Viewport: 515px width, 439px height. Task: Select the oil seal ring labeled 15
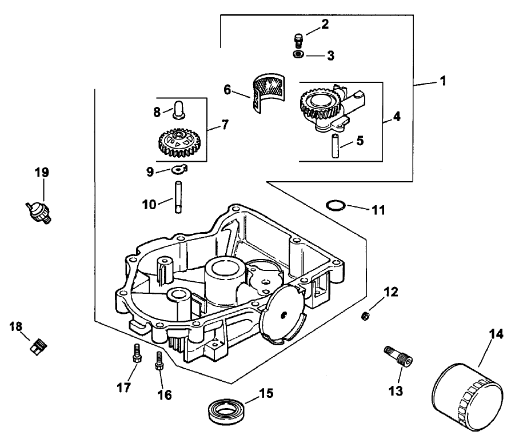click(226, 410)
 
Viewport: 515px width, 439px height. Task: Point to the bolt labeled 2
click(297, 41)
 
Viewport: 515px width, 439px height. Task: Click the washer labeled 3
click(298, 54)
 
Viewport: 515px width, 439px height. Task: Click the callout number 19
click(42, 172)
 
